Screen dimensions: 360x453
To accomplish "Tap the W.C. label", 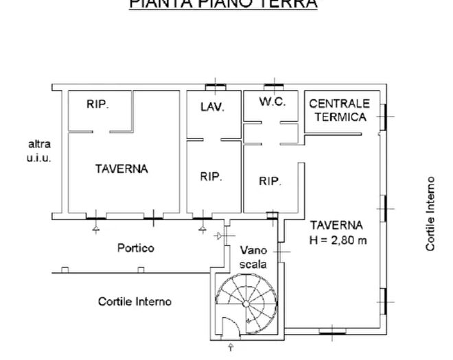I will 272,101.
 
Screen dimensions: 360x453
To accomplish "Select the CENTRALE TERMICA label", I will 338,110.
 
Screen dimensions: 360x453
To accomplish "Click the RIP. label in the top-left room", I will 98,105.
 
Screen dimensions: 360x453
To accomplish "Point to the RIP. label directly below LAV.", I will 211,176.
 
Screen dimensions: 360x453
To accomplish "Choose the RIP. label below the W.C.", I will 270,182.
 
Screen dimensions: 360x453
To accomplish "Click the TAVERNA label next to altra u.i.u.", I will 121,169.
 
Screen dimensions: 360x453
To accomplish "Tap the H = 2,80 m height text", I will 338,240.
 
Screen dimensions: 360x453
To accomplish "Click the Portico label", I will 135,248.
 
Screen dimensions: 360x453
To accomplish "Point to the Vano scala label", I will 253,257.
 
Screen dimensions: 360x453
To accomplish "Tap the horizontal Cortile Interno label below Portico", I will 135,301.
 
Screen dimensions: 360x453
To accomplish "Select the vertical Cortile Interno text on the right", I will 430,213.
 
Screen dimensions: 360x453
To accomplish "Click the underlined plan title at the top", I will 223,4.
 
